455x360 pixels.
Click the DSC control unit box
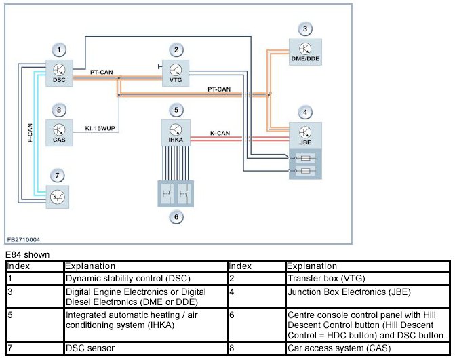[x=59, y=73]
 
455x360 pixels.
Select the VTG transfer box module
[x=176, y=73]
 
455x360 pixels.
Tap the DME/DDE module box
[x=305, y=52]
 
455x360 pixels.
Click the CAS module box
[x=59, y=133]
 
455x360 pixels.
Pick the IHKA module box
[x=176, y=133]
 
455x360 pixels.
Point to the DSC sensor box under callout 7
[x=58, y=197]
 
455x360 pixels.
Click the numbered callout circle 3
[x=305, y=28]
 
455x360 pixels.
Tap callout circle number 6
[x=176, y=217]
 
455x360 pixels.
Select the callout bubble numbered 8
[x=59, y=110]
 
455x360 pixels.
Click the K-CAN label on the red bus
[x=220, y=133]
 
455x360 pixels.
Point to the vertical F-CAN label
[x=30, y=133]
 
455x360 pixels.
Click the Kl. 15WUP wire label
[x=100, y=128]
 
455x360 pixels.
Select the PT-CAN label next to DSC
[x=101, y=72]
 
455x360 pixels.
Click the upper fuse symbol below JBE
[x=306, y=158]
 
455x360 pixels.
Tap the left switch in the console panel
[x=167, y=193]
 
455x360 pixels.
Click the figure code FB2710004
[x=24, y=239]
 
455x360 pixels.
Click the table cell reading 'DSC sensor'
[x=90, y=348]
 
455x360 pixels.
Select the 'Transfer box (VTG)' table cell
[x=326, y=279]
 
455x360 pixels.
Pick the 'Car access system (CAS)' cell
[x=339, y=348]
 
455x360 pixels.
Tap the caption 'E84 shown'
[x=28, y=255]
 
